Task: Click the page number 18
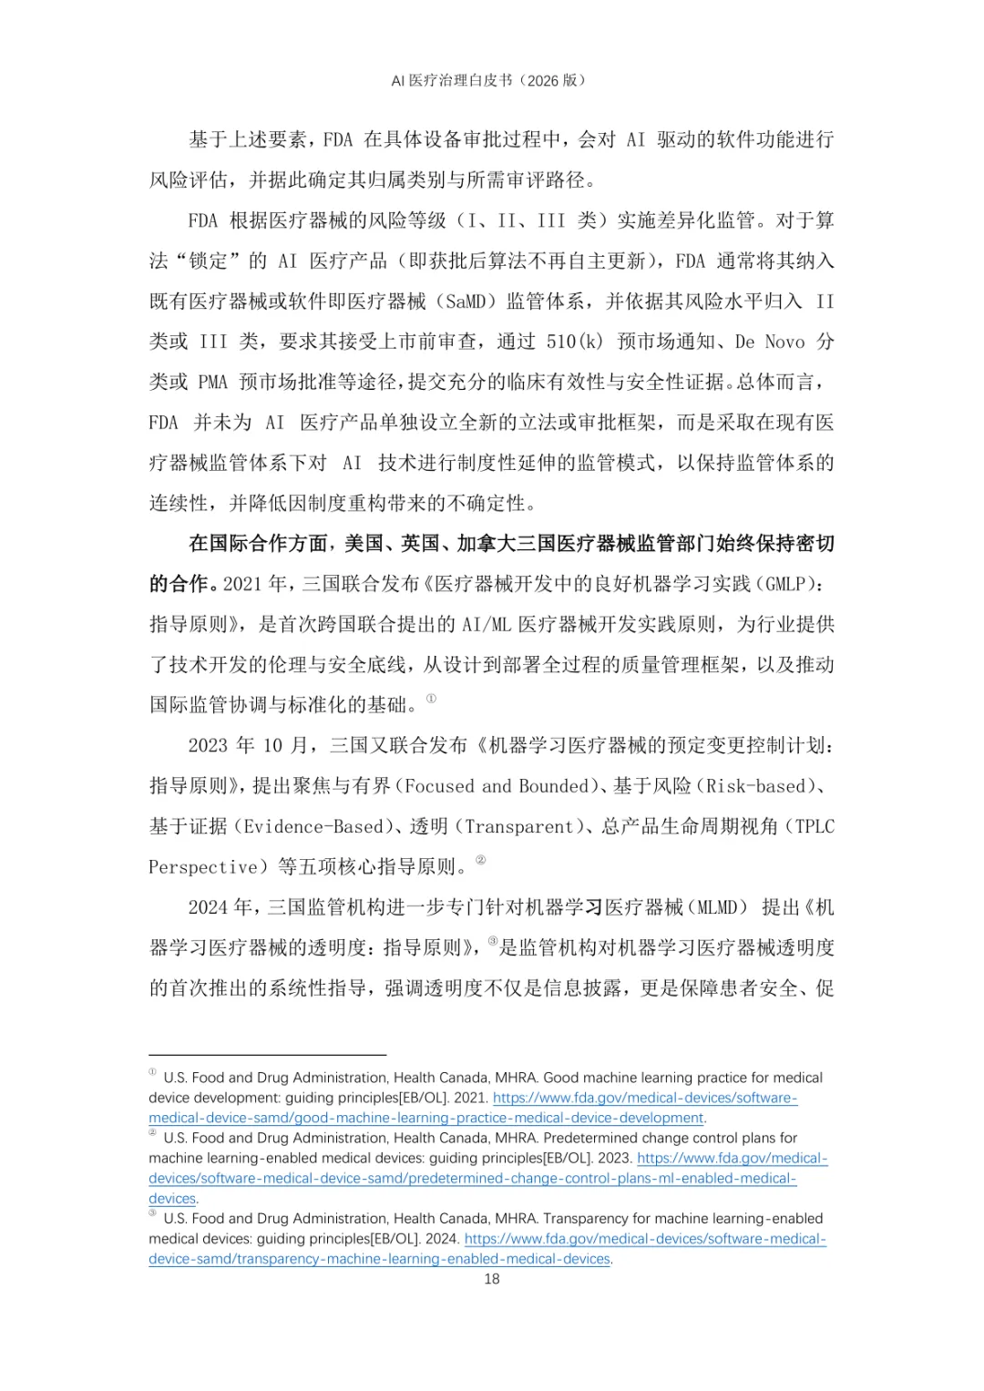[492, 1279]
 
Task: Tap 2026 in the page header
[542, 80]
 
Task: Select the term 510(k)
[574, 342]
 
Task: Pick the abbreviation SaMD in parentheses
[466, 302]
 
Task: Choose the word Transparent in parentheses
[519, 826]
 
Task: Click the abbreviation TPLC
[815, 826]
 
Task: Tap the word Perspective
[203, 867]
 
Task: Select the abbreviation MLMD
[716, 907]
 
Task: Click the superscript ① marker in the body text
[431, 699]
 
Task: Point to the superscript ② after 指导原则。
[481, 860]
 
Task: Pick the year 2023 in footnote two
[614, 1159]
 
